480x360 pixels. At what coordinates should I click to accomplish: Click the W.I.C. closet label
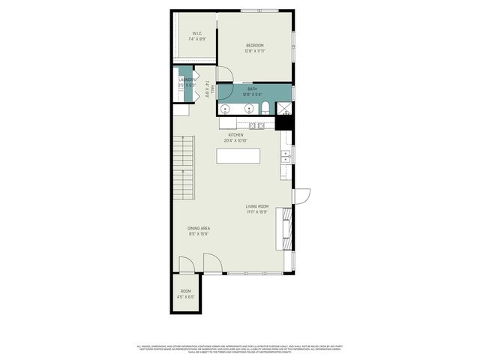click(196, 34)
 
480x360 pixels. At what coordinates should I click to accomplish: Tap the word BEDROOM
click(255, 46)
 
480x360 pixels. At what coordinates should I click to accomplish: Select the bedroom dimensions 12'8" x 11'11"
click(255, 52)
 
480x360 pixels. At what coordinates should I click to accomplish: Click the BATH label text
click(252, 88)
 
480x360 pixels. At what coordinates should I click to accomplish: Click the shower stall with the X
click(284, 109)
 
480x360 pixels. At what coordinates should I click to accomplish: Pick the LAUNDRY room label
click(187, 79)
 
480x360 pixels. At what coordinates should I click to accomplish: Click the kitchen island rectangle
click(238, 156)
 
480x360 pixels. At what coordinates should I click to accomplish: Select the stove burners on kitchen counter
click(257, 125)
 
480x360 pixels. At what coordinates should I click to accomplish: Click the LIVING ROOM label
click(256, 207)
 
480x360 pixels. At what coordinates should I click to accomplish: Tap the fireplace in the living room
click(284, 229)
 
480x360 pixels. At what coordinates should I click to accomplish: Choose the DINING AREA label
click(199, 229)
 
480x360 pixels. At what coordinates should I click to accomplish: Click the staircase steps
click(184, 169)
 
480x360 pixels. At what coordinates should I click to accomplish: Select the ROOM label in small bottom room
click(186, 291)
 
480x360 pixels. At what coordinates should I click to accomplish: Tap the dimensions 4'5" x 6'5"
click(186, 297)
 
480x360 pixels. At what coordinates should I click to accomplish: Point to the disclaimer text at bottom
click(240, 348)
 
